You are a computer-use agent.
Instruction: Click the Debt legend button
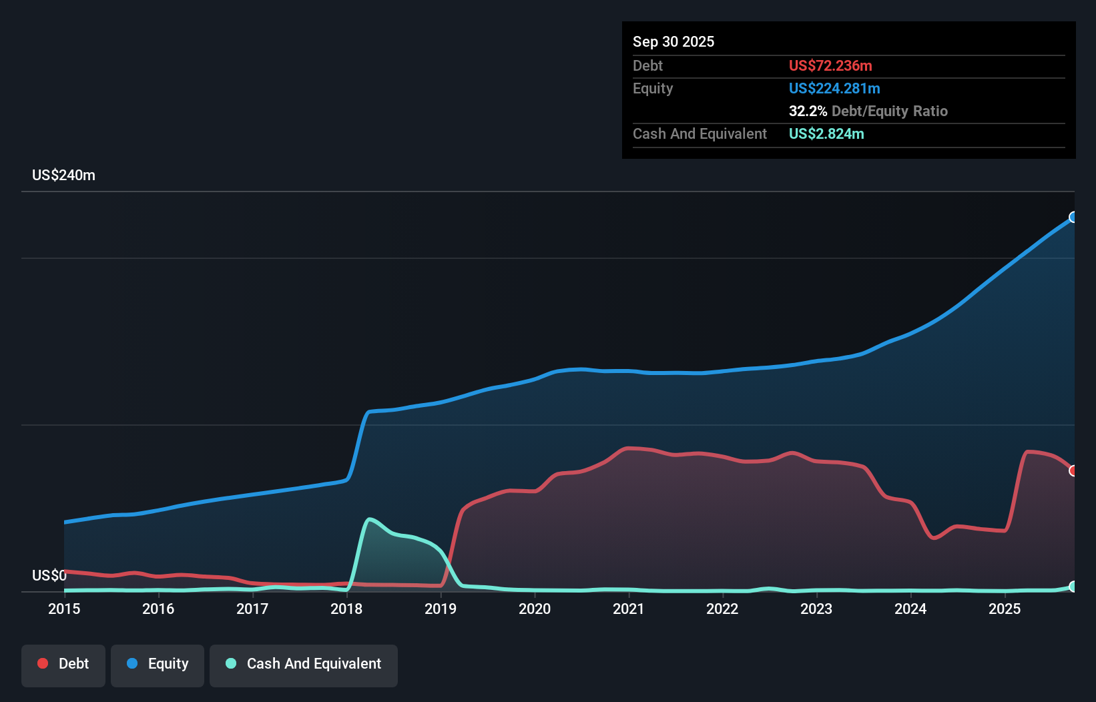(x=63, y=664)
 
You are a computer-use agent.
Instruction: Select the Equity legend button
(x=158, y=664)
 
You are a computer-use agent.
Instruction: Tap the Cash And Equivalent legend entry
(x=303, y=664)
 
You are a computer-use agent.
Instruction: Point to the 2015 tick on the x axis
(x=64, y=609)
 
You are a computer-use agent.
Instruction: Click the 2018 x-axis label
(x=346, y=609)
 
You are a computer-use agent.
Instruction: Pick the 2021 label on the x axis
(x=628, y=609)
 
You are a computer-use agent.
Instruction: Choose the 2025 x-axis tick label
(x=1005, y=609)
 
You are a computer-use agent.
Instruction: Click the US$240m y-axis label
(x=63, y=175)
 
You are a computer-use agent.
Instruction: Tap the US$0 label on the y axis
(x=49, y=575)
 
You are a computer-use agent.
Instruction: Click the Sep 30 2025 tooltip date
(x=673, y=41)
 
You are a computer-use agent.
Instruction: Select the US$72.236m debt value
(x=830, y=65)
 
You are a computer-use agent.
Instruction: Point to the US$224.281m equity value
(x=834, y=88)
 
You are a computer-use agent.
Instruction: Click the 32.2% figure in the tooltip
(x=808, y=111)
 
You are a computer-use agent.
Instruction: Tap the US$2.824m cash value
(x=826, y=133)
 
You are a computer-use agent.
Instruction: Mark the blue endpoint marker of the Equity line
(x=1073, y=217)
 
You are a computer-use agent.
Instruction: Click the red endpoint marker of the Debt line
(x=1073, y=470)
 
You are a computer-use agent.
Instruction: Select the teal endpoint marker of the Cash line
(x=1073, y=587)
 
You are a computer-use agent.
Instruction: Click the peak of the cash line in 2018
(x=369, y=519)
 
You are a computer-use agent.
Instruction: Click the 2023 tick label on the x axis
(x=816, y=609)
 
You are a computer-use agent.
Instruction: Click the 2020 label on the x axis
(x=535, y=609)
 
